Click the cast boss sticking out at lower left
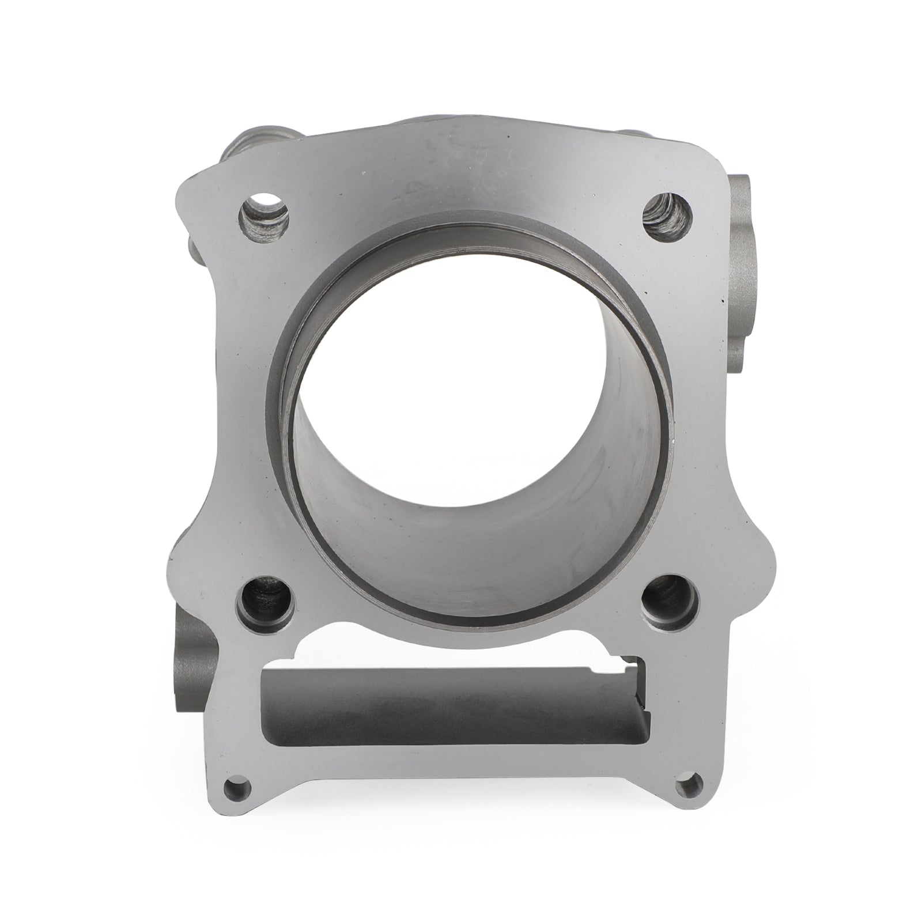click(x=193, y=657)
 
